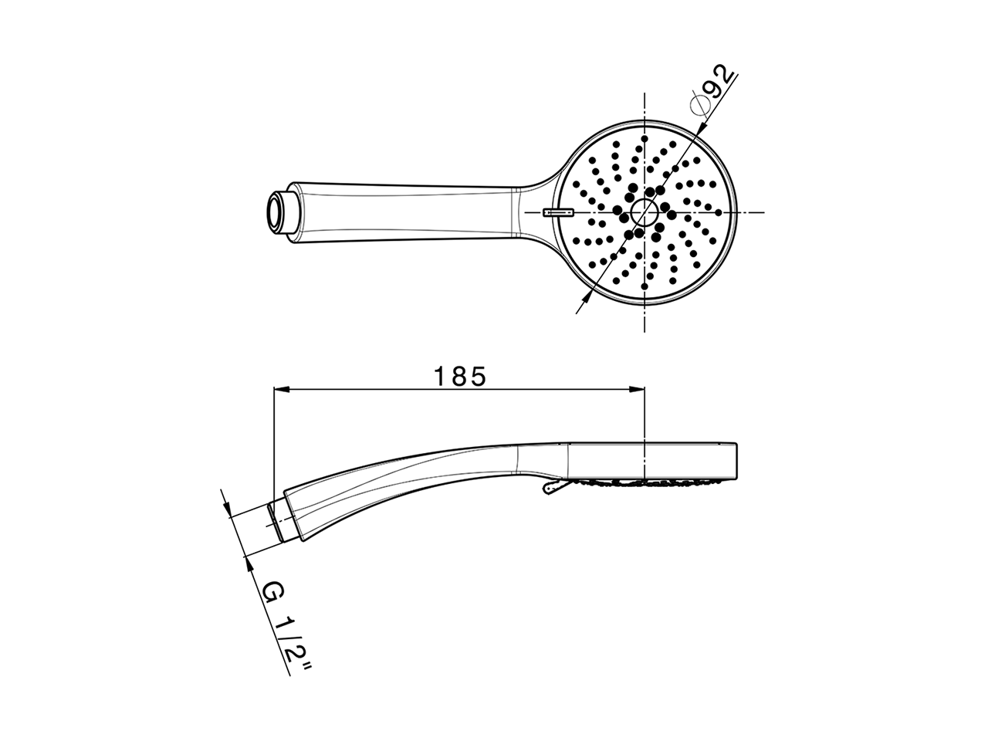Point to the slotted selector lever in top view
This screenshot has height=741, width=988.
[558, 212]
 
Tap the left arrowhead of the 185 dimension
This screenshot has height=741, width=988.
[282, 389]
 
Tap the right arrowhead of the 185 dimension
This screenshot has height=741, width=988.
[637, 389]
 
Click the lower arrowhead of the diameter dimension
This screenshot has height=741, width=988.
[587, 297]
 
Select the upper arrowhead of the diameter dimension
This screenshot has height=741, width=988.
[702, 127]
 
